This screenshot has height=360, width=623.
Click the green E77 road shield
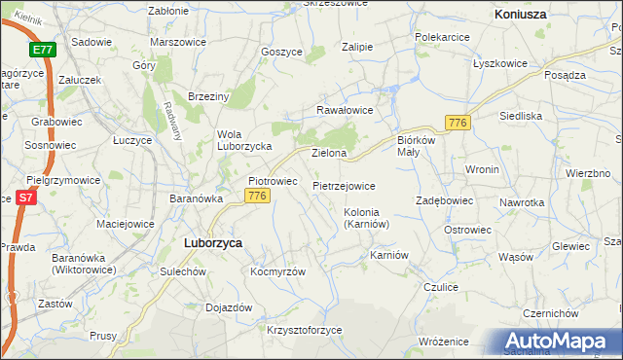point(42,50)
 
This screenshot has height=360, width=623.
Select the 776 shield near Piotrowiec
point(257,197)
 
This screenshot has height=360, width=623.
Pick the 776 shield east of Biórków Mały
point(458,123)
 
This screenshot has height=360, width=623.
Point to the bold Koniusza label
point(520,16)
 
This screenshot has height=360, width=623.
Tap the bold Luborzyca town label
point(213,243)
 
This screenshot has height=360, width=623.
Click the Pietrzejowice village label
point(344,185)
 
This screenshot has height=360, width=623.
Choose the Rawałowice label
point(344,110)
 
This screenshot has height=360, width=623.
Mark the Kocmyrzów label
point(278,271)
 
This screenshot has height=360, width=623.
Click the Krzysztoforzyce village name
point(305,330)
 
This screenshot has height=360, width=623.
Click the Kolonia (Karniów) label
point(367,218)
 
